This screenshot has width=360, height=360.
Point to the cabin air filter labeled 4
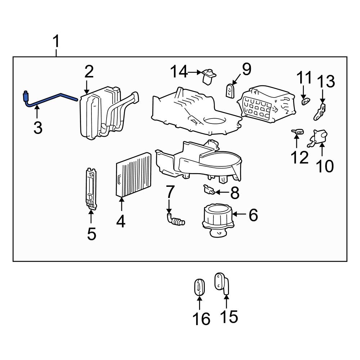click(133, 175)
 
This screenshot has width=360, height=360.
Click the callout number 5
click(91, 234)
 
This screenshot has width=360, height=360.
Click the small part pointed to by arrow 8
click(209, 189)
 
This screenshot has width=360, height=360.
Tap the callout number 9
click(246, 69)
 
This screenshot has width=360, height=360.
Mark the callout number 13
click(325, 82)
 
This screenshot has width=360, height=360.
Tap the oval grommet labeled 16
click(199, 288)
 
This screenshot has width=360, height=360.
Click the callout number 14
click(179, 72)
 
